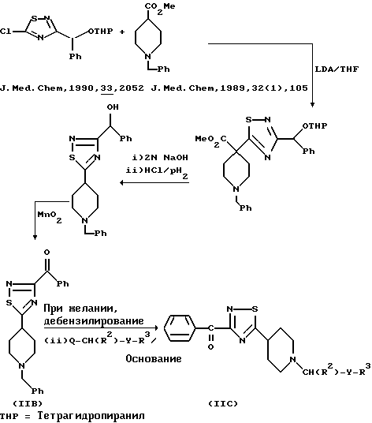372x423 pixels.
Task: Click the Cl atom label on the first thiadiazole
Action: click(6, 32)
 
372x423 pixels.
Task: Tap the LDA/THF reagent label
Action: click(337, 69)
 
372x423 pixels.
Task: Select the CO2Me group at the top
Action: click(160, 8)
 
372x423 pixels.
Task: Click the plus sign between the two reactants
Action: click(122, 32)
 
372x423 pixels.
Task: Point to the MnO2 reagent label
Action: click(50, 217)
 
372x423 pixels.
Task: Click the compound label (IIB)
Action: click(28, 404)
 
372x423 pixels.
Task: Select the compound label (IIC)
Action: click(223, 404)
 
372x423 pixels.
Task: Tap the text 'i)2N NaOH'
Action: click(160, 157)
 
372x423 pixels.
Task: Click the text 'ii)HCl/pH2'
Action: click(157, 172)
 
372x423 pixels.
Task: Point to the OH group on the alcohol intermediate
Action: click(113, 107)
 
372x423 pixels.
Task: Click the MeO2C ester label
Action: click(211, 141)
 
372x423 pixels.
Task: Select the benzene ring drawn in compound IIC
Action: click(180, 328)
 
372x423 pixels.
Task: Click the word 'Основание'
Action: click(154, 359)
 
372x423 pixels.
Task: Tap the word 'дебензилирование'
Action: click(94, 321)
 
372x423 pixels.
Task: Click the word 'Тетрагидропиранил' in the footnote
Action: click(91, 416)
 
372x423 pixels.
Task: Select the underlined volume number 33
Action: click(106, 88)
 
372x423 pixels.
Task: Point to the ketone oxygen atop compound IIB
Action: click(46, 253)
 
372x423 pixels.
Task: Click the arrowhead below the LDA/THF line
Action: click(312, 105)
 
